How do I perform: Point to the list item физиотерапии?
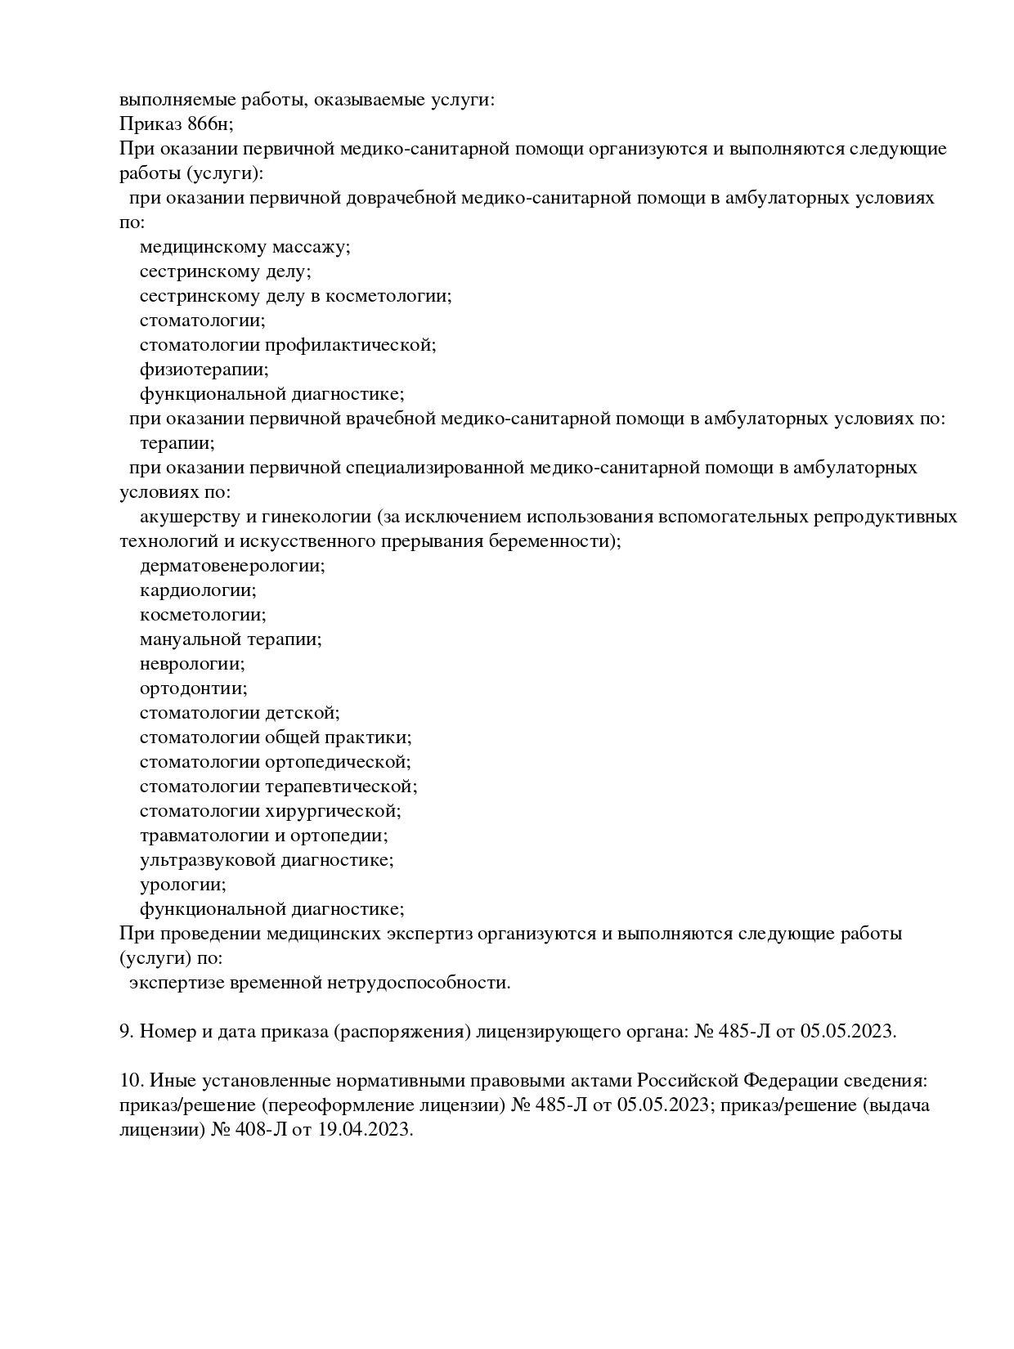(204, 370)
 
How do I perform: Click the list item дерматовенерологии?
(232, 566)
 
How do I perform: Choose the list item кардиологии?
(198, 590)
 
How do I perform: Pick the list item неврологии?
(192, 664)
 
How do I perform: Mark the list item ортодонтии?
(193, 688)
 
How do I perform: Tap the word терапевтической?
(341, 787)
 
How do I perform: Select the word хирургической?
(333, 811)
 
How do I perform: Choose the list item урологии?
(183, 885)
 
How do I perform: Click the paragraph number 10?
(131, 1081)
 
